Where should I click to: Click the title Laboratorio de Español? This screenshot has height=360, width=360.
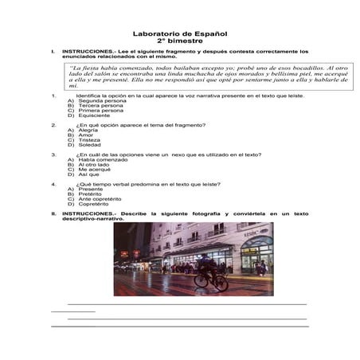(x=179, y=34)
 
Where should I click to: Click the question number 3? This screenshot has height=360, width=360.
(x=53, y=154)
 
